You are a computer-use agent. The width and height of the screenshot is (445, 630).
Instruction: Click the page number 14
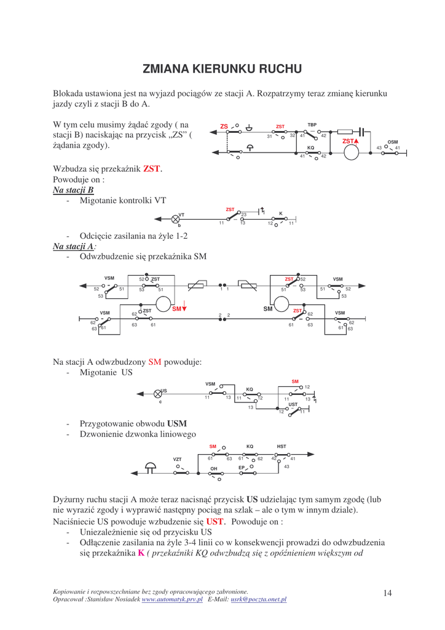(x=387, y=592)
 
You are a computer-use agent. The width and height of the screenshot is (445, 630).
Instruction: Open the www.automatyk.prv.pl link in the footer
(x=172, y=599)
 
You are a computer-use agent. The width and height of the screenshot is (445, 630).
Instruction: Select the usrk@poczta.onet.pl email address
(x=259, y=599)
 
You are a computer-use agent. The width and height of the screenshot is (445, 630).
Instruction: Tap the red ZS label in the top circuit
(x=224, y=127)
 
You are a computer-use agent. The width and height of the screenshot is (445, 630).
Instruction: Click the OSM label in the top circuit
(x=392, y=142)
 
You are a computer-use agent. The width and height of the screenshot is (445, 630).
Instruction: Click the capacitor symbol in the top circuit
(x=362, y=131)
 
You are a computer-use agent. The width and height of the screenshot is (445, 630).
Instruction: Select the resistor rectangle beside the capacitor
(x=345, y=131)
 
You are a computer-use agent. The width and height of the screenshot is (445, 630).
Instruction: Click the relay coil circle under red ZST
(x=351, y=152)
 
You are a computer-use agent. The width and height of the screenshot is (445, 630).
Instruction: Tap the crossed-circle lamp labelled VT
(x=175, y=218)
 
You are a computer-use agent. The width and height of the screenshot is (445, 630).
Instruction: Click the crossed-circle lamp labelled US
(x=158, y=394)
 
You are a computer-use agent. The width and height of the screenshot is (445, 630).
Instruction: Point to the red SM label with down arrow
(x=179, y=308)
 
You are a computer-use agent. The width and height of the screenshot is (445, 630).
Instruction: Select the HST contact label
(x=282, y=447)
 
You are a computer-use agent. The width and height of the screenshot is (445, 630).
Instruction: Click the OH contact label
(x=214, y=469)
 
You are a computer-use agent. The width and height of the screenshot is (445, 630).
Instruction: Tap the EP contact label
(x=242, y=468)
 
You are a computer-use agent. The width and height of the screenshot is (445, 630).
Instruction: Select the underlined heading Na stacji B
(x=73, y=190)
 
